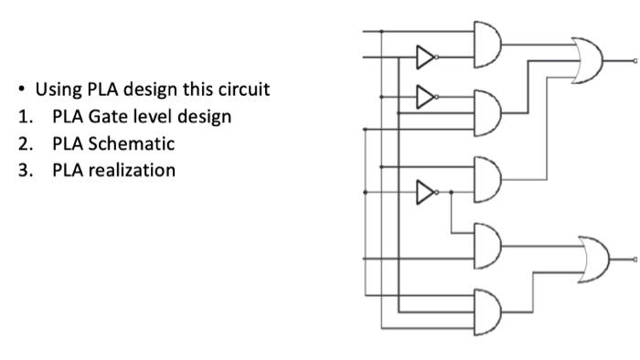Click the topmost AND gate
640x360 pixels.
(488, 43)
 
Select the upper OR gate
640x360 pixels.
(590, 59)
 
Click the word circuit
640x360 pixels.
(242, 90)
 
